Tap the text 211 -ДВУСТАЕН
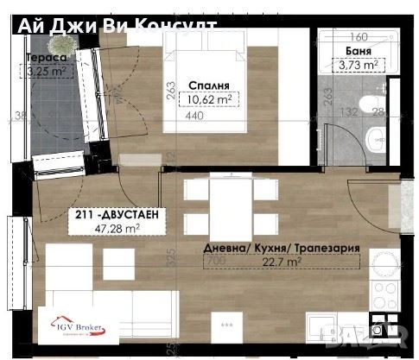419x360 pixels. pos(115,214)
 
